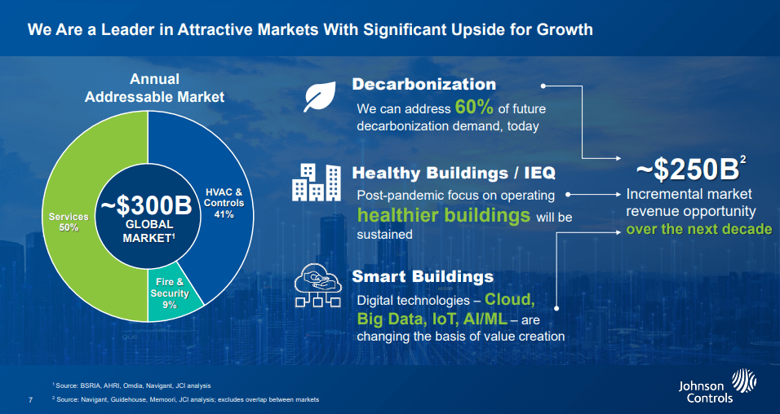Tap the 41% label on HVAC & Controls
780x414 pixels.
point(224,214)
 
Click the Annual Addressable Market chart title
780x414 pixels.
point(154,88)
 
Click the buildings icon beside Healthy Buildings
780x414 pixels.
point(317,183)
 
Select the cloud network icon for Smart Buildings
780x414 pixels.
point(317,286)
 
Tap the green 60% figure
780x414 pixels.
point(474,107)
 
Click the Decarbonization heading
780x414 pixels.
point(423,84)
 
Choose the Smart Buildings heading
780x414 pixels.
point(423,276)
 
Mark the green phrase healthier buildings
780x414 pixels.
point(444,214)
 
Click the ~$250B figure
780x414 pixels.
point(688,170)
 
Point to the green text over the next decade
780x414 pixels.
point(699,229)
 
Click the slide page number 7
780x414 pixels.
point(30,399)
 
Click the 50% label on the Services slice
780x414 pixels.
point(69,227)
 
